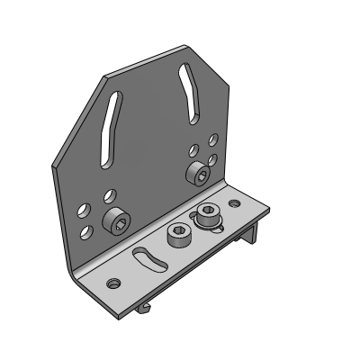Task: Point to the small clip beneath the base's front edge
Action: point(143,310)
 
